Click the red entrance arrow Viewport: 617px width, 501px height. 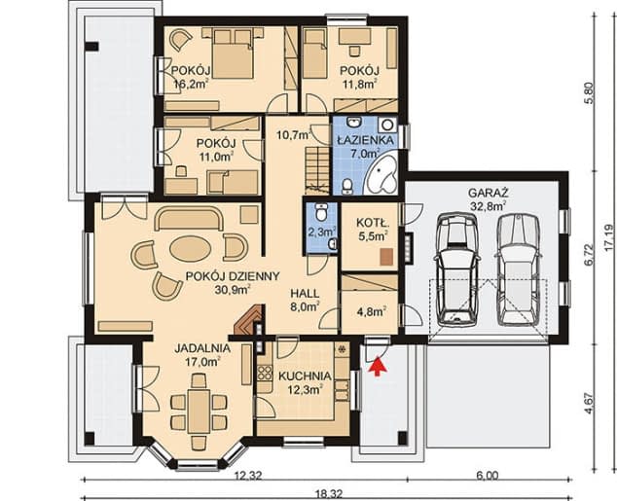click(x=378, y=366)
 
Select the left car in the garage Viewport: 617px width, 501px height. click(x=456, y=269)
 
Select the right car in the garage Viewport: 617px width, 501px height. click(x=518, y=269)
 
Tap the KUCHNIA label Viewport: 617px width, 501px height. click(x=305, y=376)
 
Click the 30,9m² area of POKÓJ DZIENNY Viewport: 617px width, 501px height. click(x=234, y=290)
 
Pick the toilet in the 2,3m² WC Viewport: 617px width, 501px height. click(x=321, y=211)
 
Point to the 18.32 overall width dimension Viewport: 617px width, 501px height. click(x=329, y=493)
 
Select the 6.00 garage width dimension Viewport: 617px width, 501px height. click(x=488, y=476)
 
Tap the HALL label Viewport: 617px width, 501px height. click(x=305, y=294)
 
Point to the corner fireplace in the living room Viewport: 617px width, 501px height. click(x=249, y=320)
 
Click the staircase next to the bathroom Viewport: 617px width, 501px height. click(x=316, y=170)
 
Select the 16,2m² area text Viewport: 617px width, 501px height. click(x=192, y=84)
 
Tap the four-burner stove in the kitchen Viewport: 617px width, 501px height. click(x=264, y=374)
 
